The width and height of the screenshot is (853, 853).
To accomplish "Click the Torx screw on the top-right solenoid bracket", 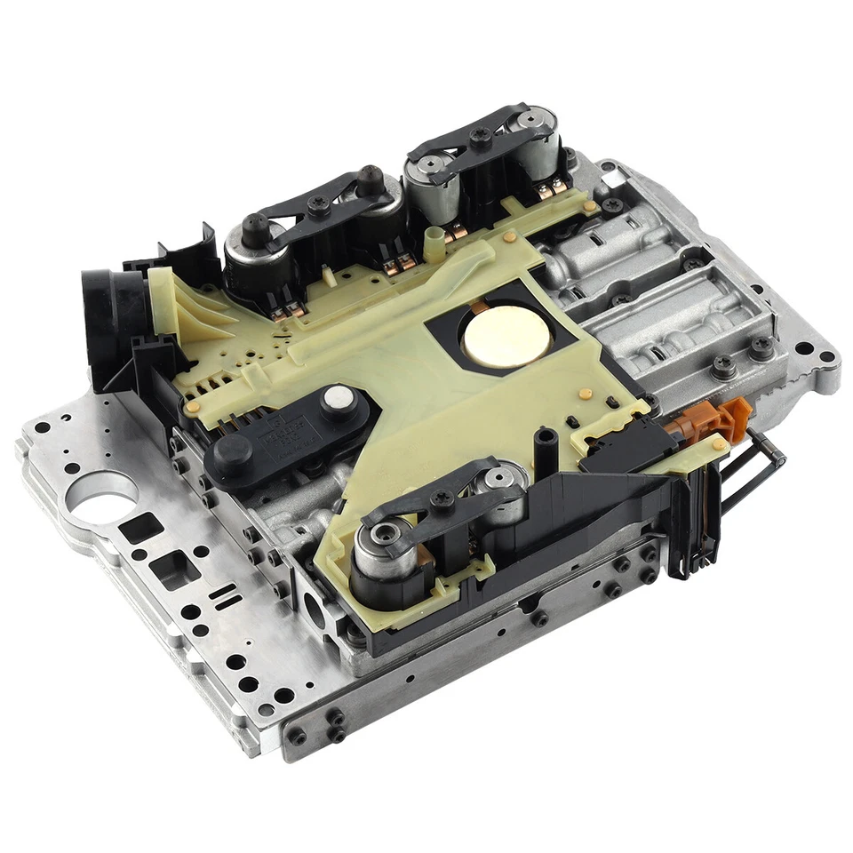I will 482,135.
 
